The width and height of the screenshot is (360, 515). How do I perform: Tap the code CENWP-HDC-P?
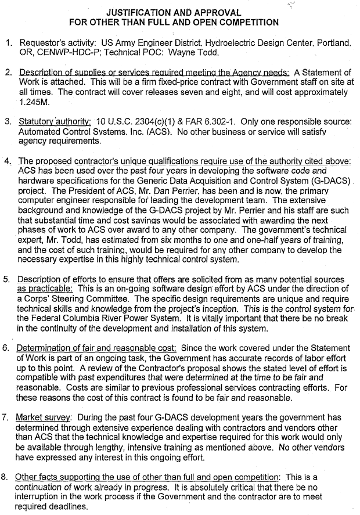[60, 53]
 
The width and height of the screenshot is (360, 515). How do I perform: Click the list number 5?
[6, 279]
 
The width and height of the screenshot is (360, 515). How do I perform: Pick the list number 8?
[6, 477]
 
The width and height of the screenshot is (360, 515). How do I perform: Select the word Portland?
[332, 43]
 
